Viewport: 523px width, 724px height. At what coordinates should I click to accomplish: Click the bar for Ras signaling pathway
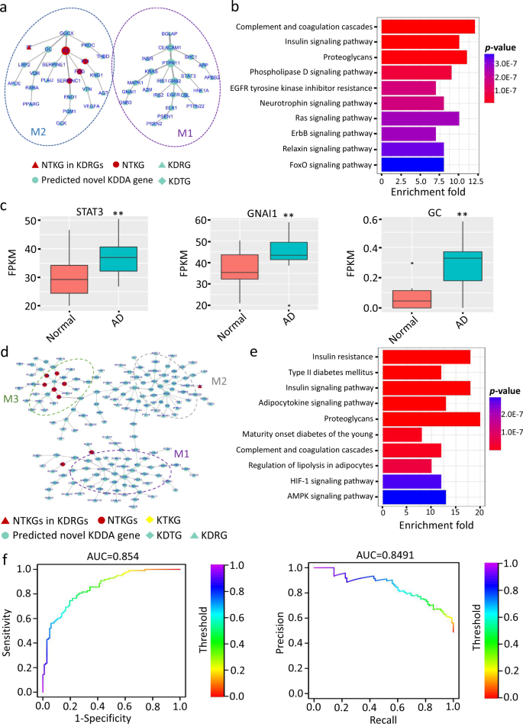tap(420, 118)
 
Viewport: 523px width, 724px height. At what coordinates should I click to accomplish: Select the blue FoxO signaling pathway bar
tap(412, 164)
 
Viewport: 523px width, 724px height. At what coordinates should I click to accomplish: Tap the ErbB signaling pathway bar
tap(408, 134)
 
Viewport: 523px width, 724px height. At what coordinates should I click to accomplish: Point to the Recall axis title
tap(385, 719)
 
